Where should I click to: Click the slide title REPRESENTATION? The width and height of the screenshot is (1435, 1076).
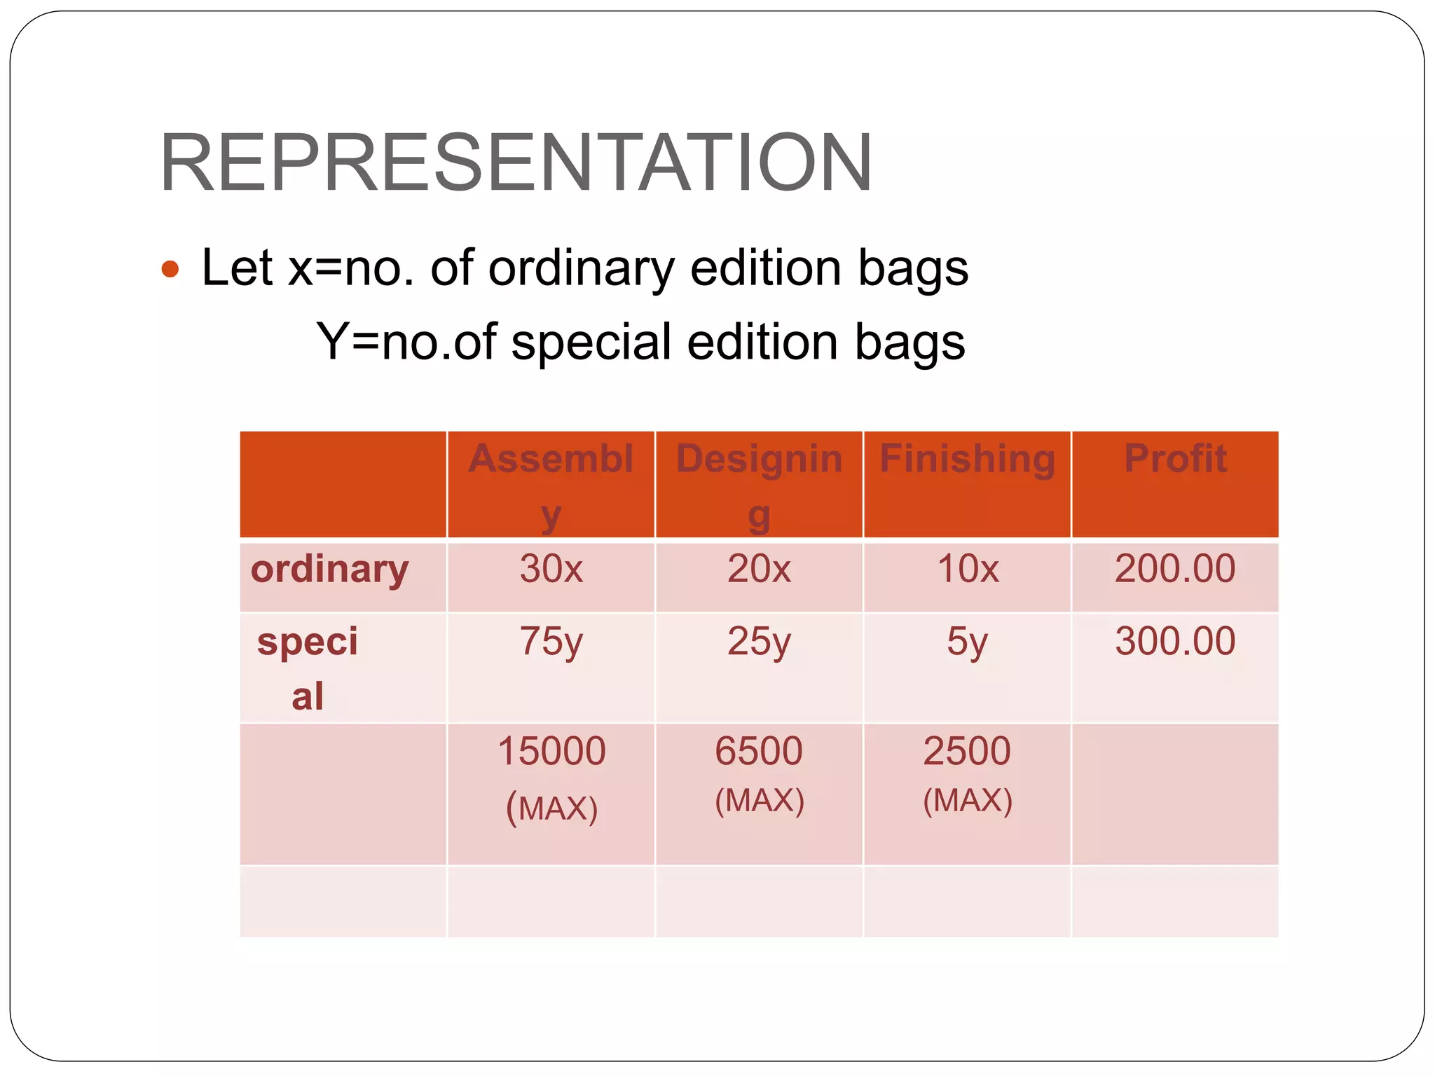(516, 163)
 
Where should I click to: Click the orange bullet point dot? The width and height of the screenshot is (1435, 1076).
(170, 269)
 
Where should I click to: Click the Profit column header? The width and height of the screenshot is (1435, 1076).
(1175, 460)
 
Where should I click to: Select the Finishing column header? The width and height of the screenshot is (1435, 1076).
(967, 460)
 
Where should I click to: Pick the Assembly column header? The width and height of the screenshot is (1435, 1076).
(551, 483)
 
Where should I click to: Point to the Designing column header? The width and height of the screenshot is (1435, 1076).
(759, 483)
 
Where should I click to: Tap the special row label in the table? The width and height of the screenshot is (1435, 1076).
(308, 667)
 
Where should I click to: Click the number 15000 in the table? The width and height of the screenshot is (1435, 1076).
(551, 752)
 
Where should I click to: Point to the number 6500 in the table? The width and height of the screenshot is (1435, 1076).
(759, 752)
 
